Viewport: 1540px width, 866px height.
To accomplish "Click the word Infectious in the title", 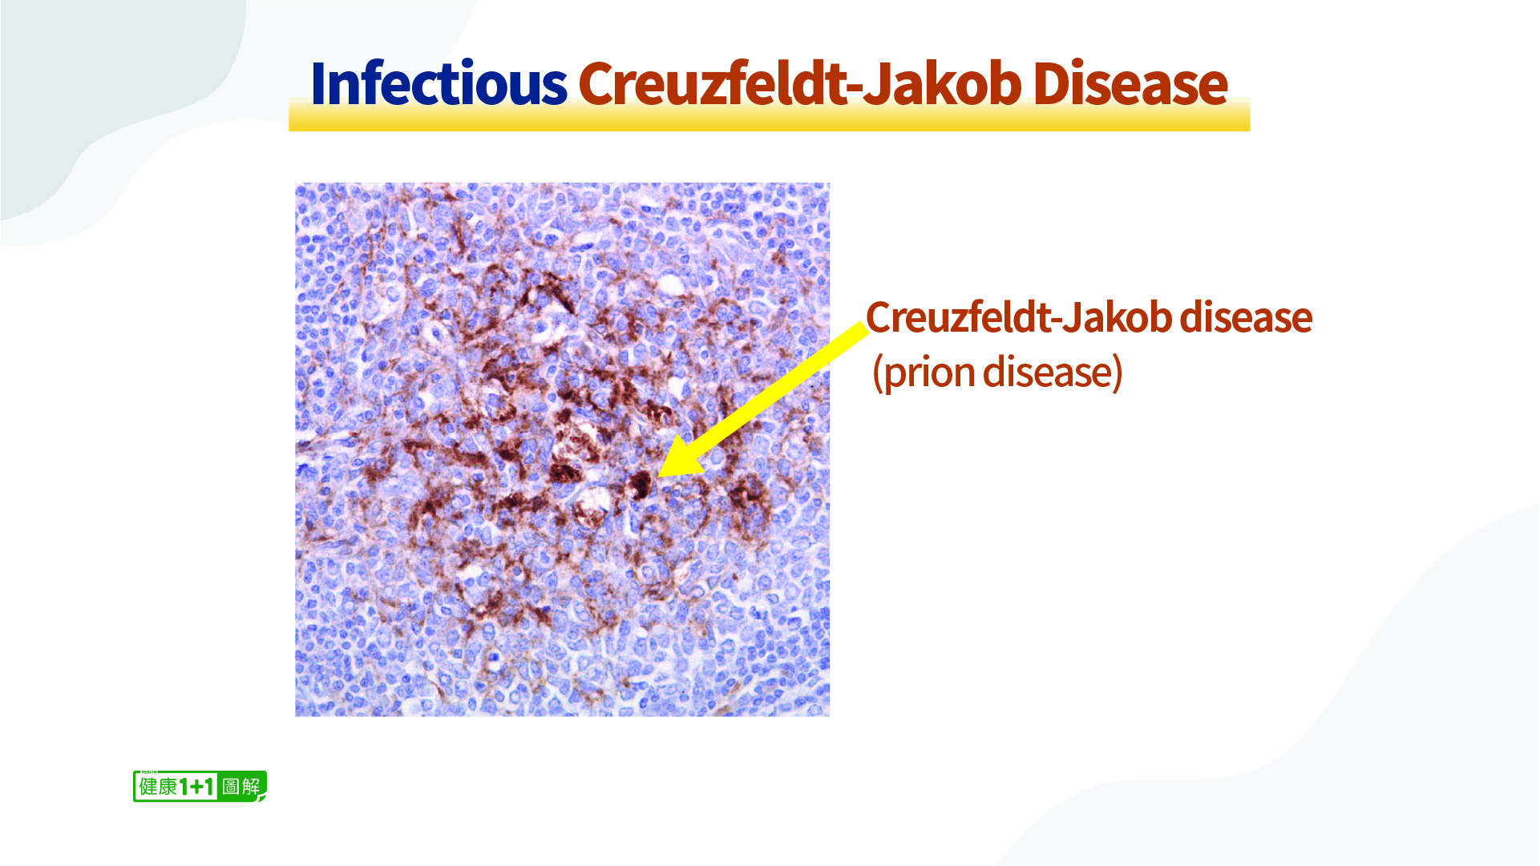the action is click(439, 83).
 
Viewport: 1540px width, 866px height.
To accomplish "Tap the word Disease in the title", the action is click(1130, 83).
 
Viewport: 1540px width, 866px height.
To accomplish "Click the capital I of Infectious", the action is click(317, 83).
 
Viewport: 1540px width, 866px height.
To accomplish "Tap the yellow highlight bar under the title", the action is click(769, 115).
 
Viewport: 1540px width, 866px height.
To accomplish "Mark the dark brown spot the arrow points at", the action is click(641, 485).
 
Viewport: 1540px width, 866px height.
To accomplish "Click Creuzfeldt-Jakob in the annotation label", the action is click(1018, 317).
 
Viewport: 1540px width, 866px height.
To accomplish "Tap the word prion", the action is click(929, 373).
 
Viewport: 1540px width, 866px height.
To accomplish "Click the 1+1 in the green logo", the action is click(197, 787).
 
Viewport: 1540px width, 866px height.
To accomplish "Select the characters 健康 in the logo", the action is click(158, 787).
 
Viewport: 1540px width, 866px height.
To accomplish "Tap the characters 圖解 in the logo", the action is click(241, 787).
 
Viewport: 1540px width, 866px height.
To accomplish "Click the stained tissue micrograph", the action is click(562, 449).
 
